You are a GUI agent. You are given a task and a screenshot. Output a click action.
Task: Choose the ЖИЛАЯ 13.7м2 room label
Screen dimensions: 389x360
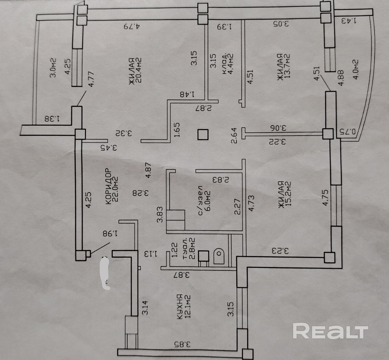[283, 67]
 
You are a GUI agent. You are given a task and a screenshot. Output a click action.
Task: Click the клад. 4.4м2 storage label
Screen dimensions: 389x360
[227, 64]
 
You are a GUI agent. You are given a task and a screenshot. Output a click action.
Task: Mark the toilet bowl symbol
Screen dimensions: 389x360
[218, 256]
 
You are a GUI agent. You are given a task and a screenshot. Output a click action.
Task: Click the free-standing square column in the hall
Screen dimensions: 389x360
[203, 134]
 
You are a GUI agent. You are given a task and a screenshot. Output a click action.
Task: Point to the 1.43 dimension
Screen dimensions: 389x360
[350, 21]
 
